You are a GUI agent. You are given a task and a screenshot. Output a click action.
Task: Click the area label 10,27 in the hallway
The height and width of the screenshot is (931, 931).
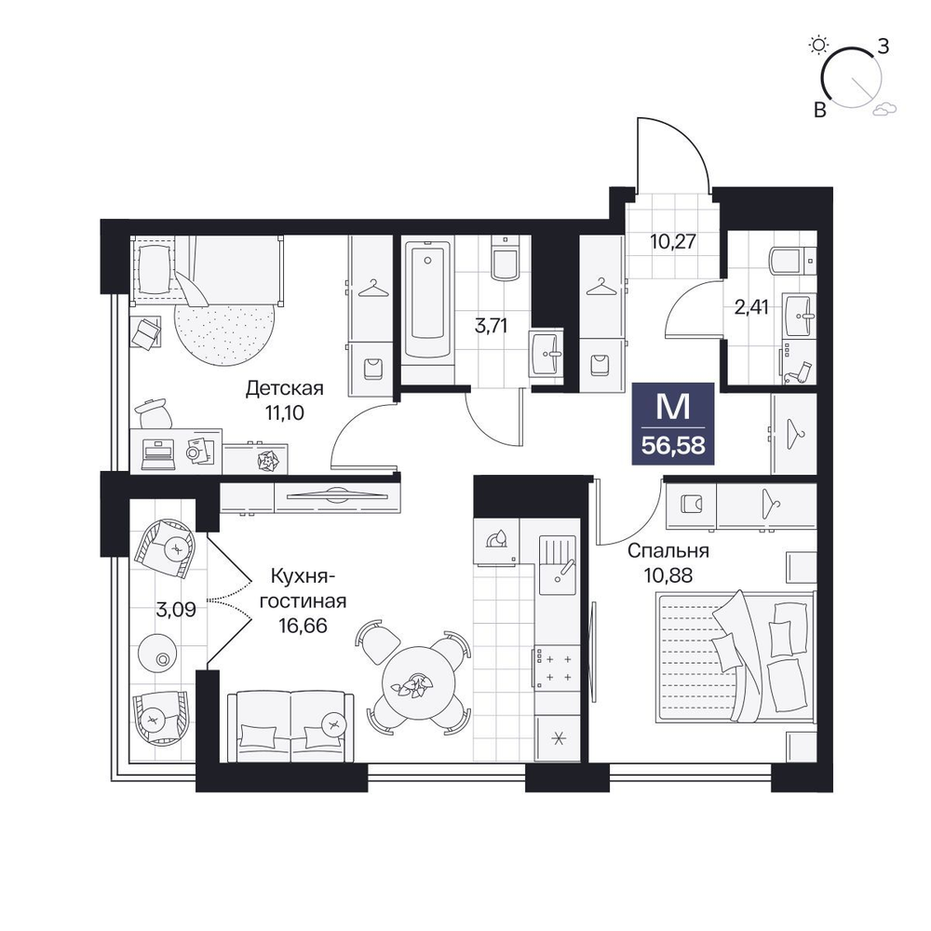click(672, 242)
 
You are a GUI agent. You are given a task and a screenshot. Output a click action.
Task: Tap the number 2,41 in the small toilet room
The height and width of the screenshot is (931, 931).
click(751, 307)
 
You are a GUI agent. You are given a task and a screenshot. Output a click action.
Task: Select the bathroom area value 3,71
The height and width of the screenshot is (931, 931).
click(491, 325)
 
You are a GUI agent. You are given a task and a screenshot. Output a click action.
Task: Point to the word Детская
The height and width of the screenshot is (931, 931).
click(284, 389)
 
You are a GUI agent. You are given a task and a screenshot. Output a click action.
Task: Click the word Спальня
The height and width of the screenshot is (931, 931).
click(668, 551)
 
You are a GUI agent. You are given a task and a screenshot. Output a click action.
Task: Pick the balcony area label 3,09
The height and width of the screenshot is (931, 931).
click(176, 610)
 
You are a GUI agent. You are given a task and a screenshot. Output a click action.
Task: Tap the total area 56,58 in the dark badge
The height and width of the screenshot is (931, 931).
click(673, 445)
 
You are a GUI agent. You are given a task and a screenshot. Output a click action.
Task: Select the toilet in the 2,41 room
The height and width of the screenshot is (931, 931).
click(790, 261)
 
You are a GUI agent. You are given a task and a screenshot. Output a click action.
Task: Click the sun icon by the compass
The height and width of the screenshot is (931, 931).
click(819, 45)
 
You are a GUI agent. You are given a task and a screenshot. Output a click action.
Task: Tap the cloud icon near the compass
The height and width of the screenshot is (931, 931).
click(884, 107)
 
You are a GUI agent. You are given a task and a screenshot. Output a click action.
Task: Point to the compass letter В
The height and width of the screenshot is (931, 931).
click(820, 110)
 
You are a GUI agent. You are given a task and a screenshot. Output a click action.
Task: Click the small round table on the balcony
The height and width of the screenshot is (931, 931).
click(156, 654)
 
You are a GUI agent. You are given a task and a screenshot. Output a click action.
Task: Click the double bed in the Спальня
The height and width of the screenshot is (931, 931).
click(735, 657)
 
